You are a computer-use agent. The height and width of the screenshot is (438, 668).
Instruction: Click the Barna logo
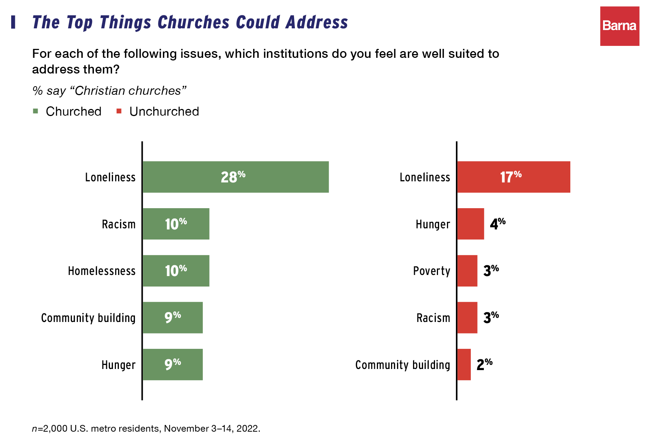(x=620, y=26)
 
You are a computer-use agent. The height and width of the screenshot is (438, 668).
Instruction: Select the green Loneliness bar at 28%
(x=236, y=177)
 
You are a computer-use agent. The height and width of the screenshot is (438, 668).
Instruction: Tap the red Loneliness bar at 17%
(x=514, y=177)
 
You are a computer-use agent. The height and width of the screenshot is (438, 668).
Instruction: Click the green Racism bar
(x=176, y=224)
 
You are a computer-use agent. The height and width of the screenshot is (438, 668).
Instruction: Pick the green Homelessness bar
(x=176, y=271)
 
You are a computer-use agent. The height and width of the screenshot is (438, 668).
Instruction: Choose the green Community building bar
(x=173, y=317)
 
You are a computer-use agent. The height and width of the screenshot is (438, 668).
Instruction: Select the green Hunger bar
(x=173, y=365)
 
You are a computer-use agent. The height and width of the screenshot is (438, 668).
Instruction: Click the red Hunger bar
(x=471, y=224)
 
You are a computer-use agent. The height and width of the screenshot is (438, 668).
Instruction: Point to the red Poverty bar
(x=467, y=271)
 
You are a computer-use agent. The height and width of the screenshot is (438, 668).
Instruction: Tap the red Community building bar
(x=464, y=365)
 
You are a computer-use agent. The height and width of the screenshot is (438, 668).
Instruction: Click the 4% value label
(x=498, y=224)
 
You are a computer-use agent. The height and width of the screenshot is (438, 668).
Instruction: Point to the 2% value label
(x=484, y=365)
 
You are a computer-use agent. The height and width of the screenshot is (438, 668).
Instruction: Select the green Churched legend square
(x=36, y=111)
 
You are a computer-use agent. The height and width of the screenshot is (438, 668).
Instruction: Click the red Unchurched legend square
(x=119, y=111)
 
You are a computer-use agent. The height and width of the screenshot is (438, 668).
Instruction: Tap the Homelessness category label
(x=101, y=271)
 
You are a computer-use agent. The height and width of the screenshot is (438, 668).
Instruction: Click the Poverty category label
(x=432, y=271)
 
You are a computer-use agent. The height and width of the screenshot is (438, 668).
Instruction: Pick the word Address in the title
(x=317, y=22)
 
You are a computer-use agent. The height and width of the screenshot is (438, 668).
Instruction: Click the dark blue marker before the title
(x=13, y=22)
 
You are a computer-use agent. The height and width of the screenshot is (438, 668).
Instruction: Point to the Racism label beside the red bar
(x=433, y=318)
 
